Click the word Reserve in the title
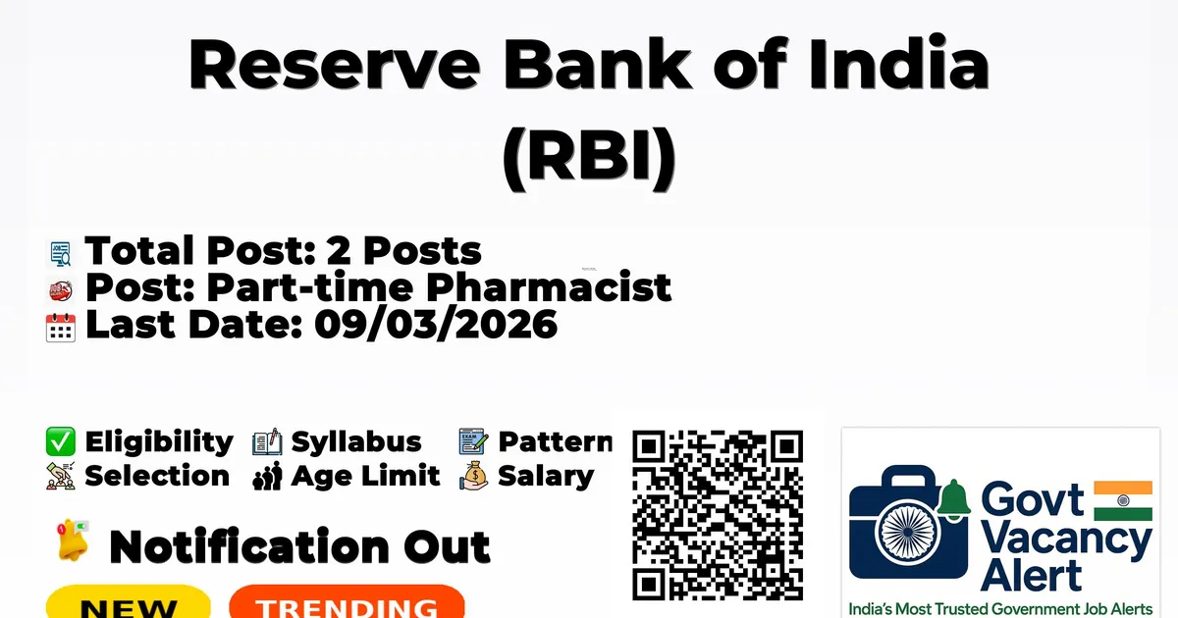pos(335,65)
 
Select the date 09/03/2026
pos(436,325)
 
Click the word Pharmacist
pos(549,286)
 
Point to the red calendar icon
pos(61,328)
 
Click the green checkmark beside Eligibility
pos(61,441)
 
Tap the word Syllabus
pos(356,442)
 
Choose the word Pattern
pos(556,441)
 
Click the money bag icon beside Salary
pos(474,476)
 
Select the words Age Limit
pos(365,476)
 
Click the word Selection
pos(157,476)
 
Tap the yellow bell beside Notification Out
pos(73,540)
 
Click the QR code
pos(718,515)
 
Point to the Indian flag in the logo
pos(1123,500)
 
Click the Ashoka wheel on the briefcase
pos(908,532)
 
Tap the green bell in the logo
pos(954,499)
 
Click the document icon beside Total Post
pos(61,253)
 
